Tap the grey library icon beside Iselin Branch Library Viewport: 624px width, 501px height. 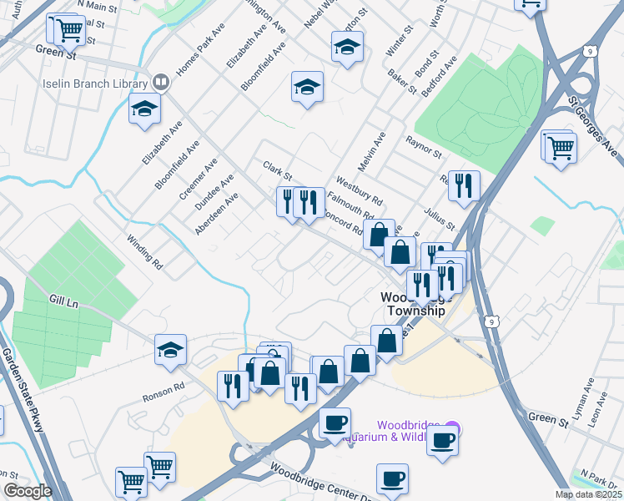(160, 83)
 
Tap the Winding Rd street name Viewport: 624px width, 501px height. (144, 252)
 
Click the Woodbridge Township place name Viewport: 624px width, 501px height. (413, 304)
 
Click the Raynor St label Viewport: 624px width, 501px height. (423, 148)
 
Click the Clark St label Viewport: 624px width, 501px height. (278, 171)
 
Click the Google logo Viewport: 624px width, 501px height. (28, 492)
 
